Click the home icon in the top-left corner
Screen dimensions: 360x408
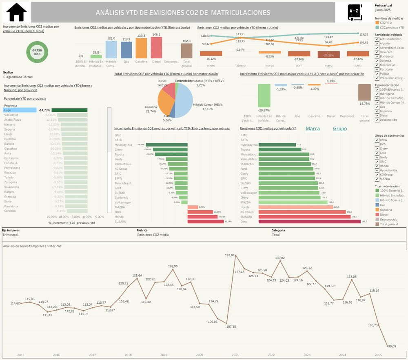click(x=17, y=12)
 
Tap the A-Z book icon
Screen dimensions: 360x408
click(x=353, y=12)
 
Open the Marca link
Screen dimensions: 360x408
click(x=313, y=129)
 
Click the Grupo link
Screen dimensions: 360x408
click(x=339, y=129)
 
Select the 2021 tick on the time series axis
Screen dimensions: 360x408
click(x=235, y=355)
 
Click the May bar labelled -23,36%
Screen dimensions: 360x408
click(x=328, y=55)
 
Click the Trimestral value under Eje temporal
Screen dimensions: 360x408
click(x=10, y=235)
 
